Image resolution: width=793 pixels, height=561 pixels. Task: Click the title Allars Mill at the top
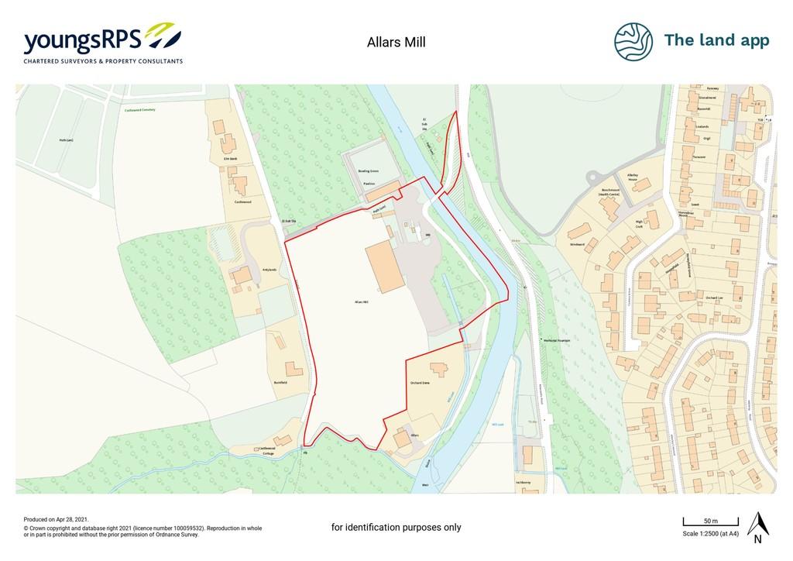tap(396, 43)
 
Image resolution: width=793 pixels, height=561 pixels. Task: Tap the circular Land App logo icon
tap(633, 41)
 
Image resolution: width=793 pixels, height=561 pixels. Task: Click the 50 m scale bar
tap(710, 519)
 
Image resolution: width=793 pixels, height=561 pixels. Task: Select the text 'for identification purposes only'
tap(396, 528)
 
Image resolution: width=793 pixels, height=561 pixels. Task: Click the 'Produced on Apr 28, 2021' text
tap(57, 520)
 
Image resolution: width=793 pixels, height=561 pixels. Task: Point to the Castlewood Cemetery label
tap(140, 110)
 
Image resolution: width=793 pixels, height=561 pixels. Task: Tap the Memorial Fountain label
tap(558, 339)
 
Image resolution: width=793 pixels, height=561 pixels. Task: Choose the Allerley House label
tap(637, 175)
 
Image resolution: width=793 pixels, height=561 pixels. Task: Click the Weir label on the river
tap(425, 484)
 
